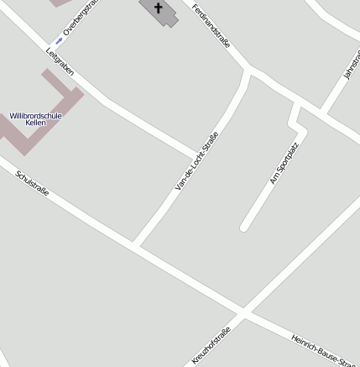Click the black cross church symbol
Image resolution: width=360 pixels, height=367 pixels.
158,7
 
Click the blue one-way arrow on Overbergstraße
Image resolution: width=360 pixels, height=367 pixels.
59,40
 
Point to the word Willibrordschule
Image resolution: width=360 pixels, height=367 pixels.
35,115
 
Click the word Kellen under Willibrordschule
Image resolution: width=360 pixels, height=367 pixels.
35,123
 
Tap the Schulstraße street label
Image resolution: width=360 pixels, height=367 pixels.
33,183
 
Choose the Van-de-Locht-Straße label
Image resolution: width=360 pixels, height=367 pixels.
197,161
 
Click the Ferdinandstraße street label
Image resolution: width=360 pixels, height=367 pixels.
211,25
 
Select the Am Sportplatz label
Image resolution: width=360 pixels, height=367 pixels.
284,164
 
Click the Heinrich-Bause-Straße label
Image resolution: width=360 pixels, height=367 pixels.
324,350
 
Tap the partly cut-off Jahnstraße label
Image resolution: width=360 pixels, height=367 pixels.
352,63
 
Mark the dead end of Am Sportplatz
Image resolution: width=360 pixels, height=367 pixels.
244,227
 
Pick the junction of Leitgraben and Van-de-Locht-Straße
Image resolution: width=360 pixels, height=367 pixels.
199,155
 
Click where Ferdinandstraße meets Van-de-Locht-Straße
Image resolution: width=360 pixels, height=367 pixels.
249,70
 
